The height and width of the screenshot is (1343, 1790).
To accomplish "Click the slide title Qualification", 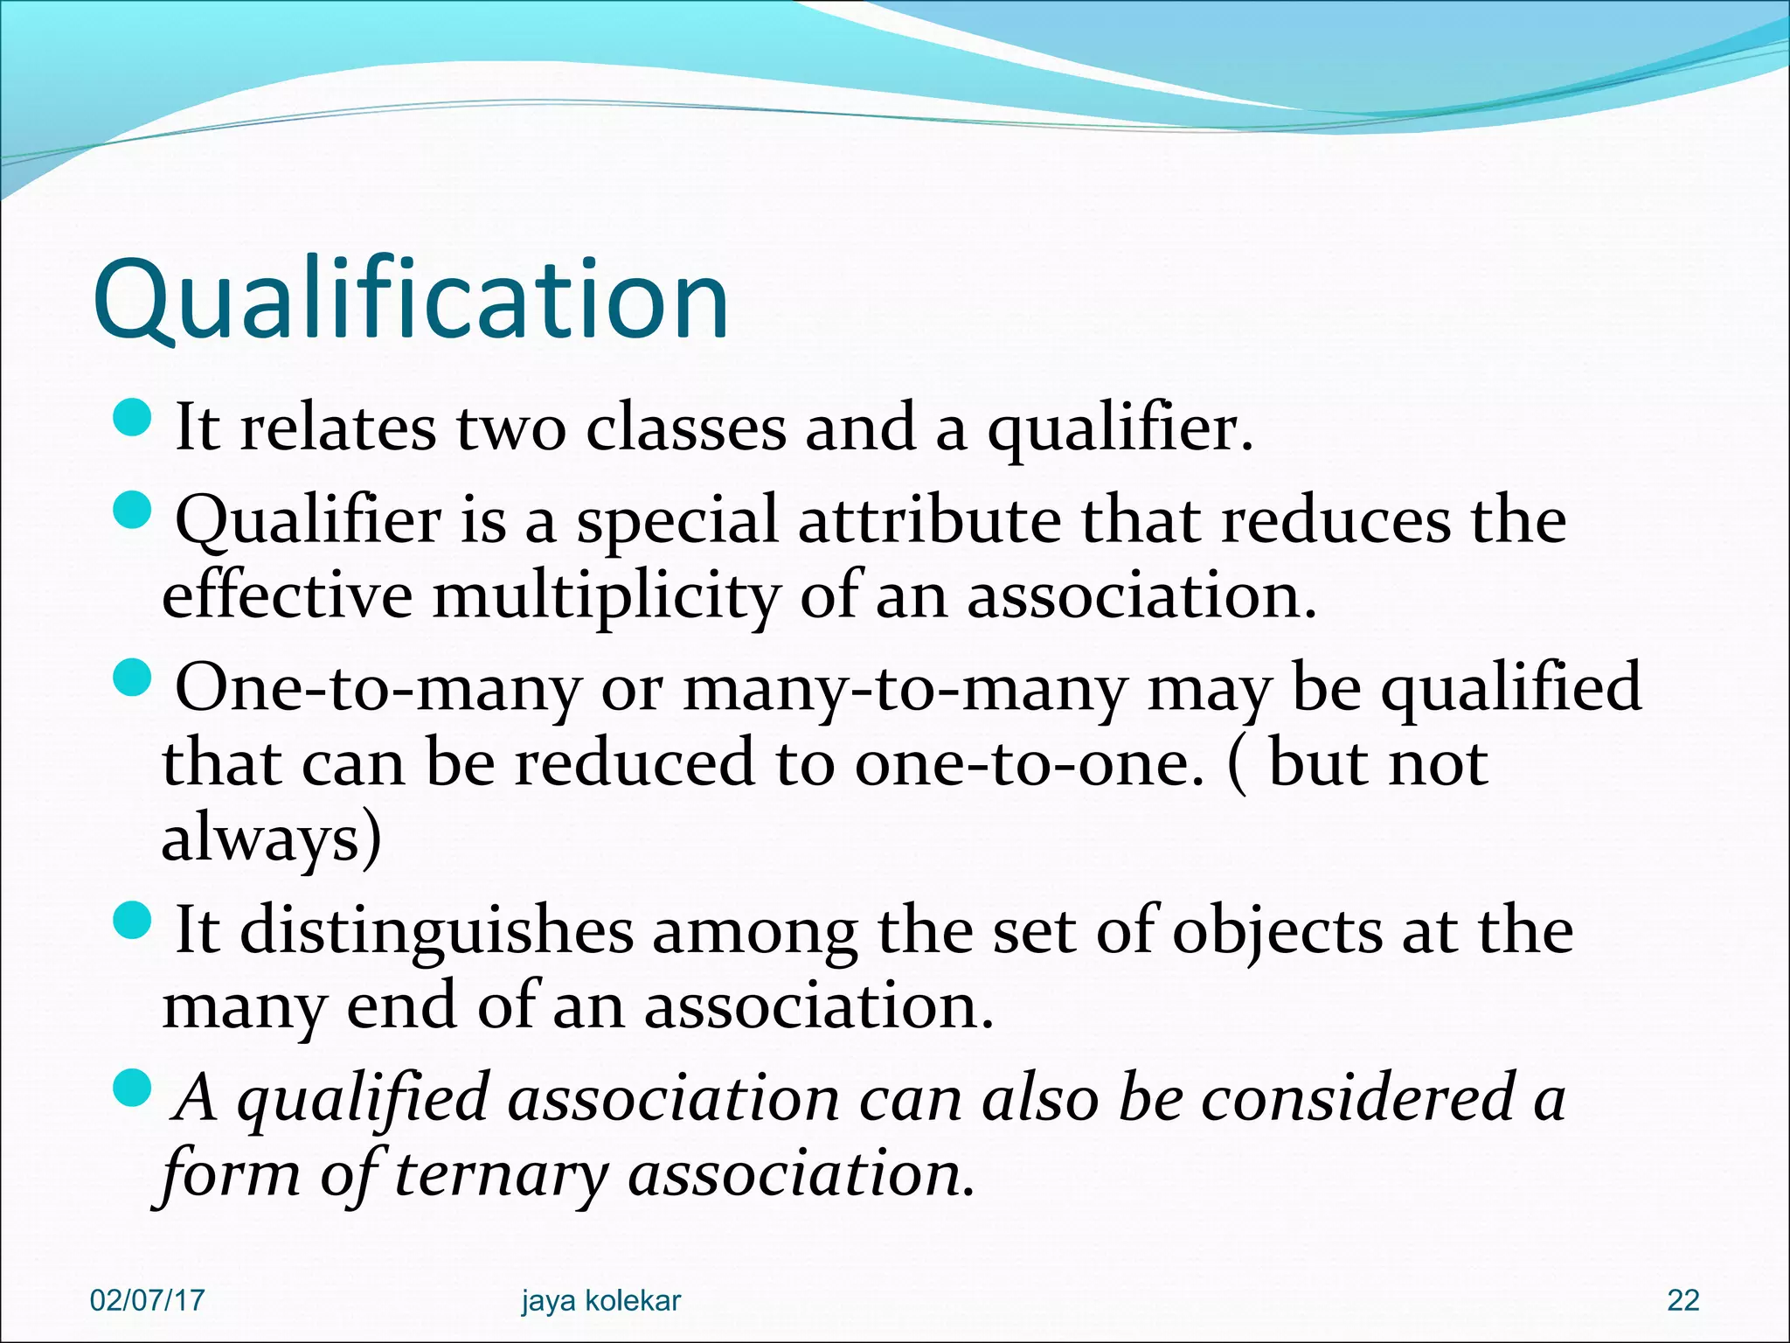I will [411, 301].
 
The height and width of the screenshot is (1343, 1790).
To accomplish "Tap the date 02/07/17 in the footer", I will [147, 1300].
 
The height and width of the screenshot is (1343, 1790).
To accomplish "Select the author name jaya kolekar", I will [600, 1300].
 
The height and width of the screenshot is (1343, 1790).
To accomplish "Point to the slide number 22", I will [1682, 1300].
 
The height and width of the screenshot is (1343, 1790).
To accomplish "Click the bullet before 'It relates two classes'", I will [134, 417].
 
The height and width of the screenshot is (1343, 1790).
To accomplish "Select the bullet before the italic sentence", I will [134, 1087].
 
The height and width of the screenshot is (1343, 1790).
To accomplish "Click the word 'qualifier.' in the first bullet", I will [1120, 430].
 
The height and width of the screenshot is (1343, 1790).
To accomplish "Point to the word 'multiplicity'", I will [606, 598].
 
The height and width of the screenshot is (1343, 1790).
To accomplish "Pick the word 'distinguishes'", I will [436, 931].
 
